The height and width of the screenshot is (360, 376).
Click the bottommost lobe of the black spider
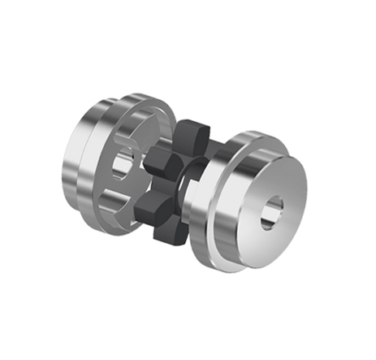tap(168, 233)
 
